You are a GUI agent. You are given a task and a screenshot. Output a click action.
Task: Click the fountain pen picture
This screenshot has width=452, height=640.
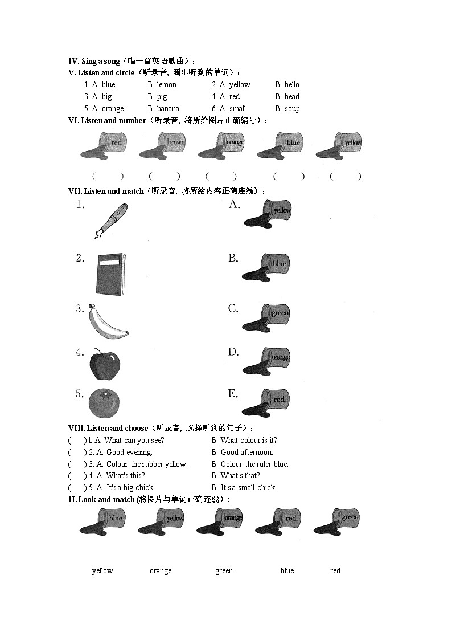click(110, 221)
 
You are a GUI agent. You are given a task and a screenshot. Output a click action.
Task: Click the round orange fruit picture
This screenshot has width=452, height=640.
click(105, 403)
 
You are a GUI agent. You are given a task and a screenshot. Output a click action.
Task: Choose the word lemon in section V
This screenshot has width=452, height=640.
click(166, 85)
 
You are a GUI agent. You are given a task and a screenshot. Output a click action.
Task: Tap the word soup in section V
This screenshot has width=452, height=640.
click(292, 109)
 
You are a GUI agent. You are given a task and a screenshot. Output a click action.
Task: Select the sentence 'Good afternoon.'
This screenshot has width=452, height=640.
click(246, 453)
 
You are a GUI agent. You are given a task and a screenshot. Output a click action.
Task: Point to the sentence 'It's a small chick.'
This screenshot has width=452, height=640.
click(248, 488)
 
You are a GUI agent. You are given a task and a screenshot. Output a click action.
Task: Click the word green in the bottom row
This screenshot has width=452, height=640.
click(224, 571)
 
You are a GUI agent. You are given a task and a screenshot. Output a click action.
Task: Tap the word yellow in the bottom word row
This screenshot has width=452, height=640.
click(102, 571)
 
